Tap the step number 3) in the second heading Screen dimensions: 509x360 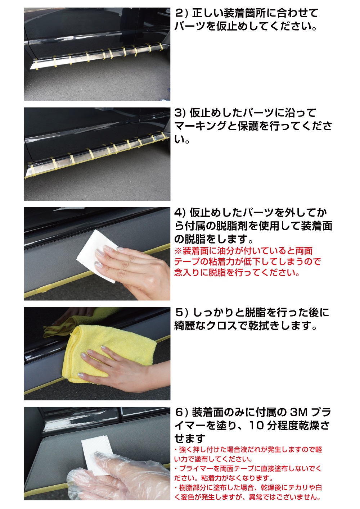[x=180, y=113]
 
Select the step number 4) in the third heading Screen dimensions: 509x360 [x=180, y=213]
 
